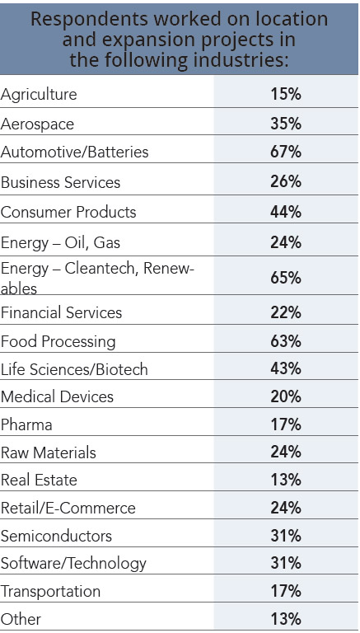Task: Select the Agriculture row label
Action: (x=39, y=95)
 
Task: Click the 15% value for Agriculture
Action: (x=286, y=95)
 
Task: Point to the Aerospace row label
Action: (x=37, y=124)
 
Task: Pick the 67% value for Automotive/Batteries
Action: (x=286, y=153)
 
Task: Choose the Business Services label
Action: (x=60, y=182)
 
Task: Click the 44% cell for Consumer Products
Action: (x=286, y=212)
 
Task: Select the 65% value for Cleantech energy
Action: (x=286, y=277)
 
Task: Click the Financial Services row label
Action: (x=61, y=312)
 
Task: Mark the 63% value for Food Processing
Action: (x=286, y=341)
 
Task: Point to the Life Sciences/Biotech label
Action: (x=74, y=369)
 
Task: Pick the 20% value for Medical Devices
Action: (x=286, y=396)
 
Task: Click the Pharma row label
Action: (x=26, y=424)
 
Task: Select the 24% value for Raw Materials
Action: (x=286, y=452)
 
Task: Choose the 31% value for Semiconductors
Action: (x=286, y=536)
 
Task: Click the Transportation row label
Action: (x=50, y=592)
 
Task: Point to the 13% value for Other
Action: (x=286, y=619)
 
